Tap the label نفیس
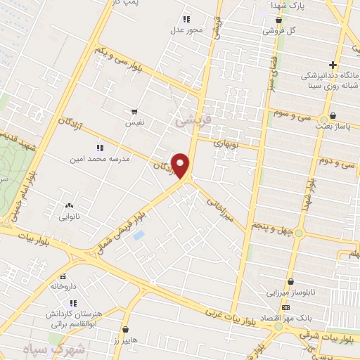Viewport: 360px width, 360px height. pos(134,122)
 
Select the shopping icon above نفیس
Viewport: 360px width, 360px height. pos(134,112)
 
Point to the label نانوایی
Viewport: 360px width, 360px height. pos(69,217)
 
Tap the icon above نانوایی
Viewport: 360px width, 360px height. pos(69,205)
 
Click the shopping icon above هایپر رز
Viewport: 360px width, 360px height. pos(126,329)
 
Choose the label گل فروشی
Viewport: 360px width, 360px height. pos(279,32)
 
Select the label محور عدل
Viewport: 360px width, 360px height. pos(186,31)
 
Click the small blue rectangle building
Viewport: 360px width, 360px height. pos(139,235)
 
